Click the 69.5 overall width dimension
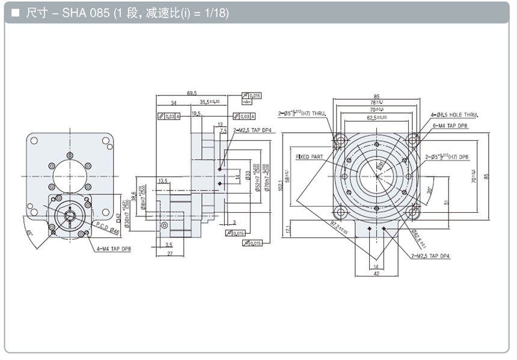192,93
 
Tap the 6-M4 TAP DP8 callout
450,126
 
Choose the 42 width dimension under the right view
377,273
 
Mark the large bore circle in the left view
70,174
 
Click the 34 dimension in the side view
173,103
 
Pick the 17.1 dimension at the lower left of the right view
289,230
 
